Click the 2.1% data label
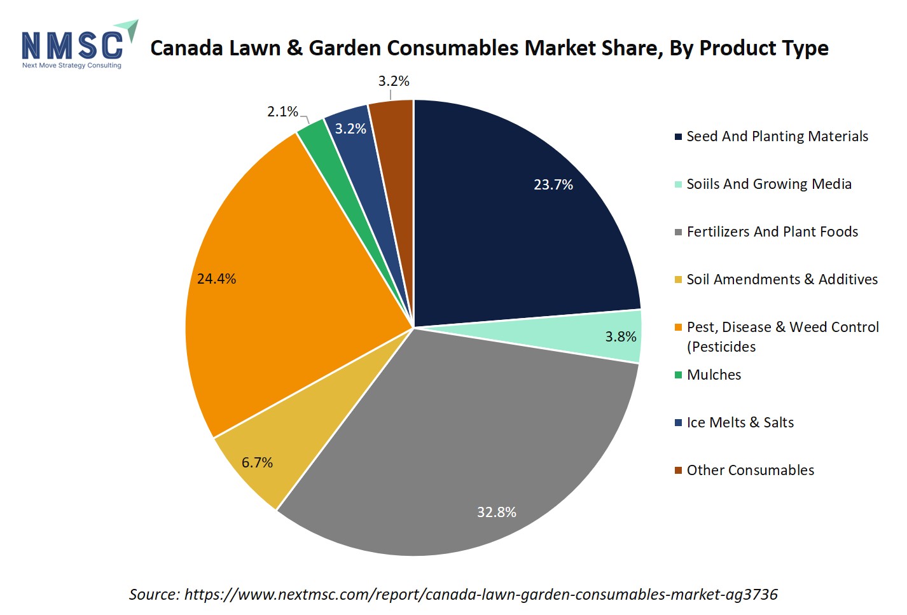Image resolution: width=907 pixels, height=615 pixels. tap(282, 112)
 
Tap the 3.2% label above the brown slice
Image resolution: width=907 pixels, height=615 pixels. tap(394, 81)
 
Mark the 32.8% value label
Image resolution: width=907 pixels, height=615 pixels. tap(497, 513)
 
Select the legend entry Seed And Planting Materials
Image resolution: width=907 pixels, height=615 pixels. tap(777, 137)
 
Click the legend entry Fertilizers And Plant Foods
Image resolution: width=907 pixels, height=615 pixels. tap(772, 232)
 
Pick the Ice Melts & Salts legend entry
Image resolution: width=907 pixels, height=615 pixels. tap(740, 423)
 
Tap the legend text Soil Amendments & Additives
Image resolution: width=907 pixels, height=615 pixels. tap(782, 280)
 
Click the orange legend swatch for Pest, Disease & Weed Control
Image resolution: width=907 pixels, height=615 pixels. tap(679, 328)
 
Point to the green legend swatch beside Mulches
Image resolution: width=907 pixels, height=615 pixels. tap(679, 375)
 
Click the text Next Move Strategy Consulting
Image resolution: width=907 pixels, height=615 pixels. tap(72, 66)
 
